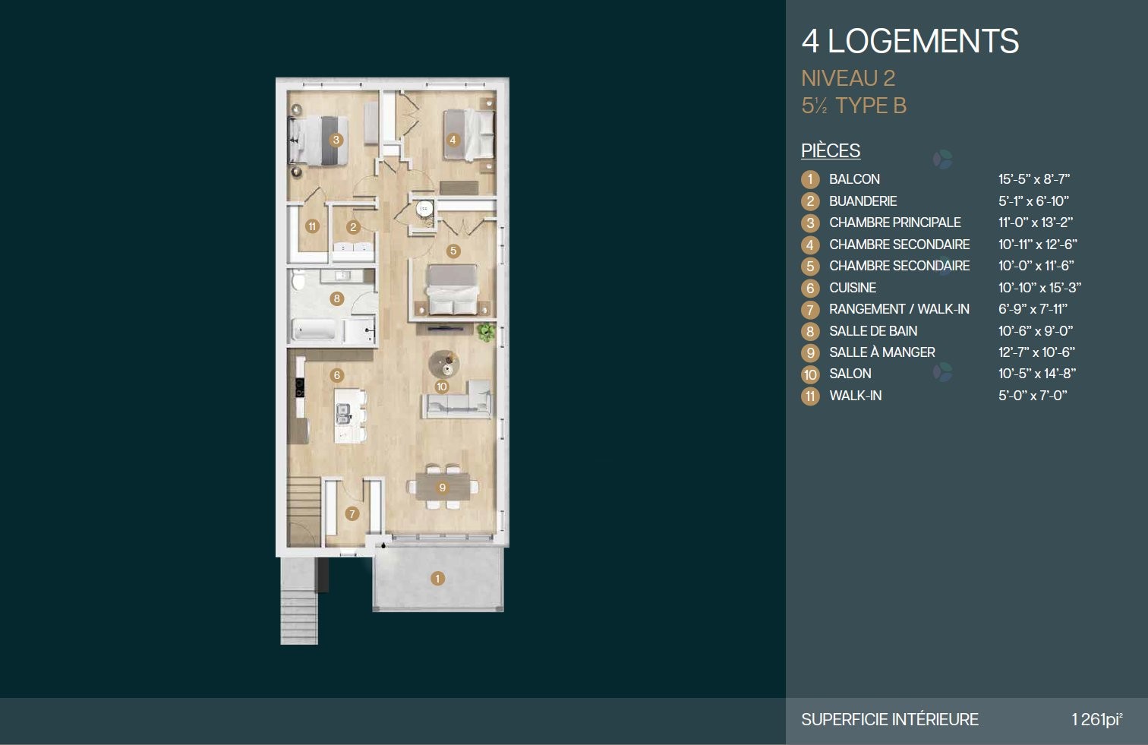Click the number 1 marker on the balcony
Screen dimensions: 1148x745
437,579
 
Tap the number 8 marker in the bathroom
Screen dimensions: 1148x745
336,298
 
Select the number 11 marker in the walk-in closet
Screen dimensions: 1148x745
312,226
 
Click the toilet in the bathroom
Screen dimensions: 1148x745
298,281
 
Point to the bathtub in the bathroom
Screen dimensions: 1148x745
313,330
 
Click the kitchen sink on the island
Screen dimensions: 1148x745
343,413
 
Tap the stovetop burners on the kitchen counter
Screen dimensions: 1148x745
300,387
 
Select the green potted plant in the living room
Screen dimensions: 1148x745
486,333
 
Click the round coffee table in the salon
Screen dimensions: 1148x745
444,365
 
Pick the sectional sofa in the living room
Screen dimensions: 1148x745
458,399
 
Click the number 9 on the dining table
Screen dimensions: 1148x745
443,488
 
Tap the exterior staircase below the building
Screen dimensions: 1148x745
299,601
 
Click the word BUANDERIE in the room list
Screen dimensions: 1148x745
863,201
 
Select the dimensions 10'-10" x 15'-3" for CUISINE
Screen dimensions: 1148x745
1039,288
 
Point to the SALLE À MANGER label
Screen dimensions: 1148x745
882,352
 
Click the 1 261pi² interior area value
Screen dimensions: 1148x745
1096,719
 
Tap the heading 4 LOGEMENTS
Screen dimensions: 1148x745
910,41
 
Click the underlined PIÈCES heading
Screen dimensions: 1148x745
831,150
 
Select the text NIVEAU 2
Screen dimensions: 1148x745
848,78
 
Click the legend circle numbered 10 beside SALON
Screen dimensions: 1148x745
810,374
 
